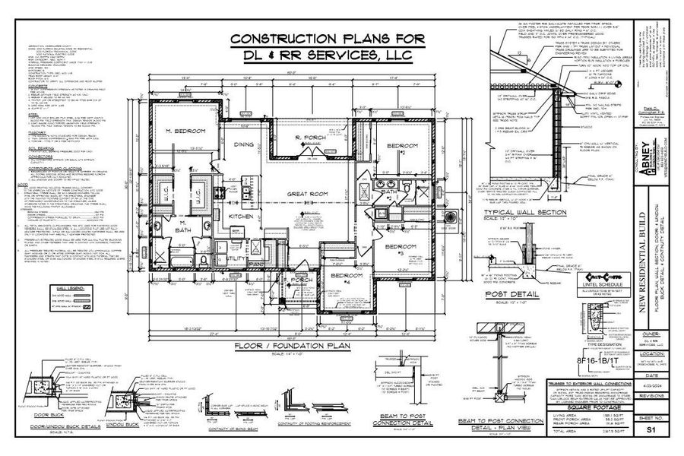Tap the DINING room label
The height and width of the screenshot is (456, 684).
point(242,144)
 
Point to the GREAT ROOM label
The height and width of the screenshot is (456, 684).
point(307,194)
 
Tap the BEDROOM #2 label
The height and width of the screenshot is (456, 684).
point(397,147)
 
